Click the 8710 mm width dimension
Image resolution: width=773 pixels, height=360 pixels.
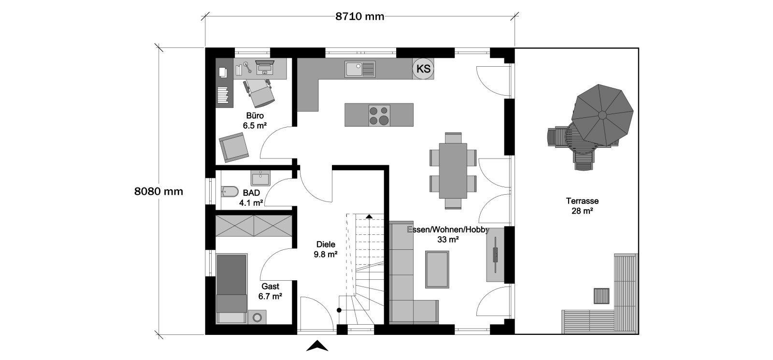click(359, 16)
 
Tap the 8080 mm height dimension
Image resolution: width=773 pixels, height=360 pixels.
click(159, 191)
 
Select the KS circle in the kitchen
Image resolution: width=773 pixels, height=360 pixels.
click(423, 69)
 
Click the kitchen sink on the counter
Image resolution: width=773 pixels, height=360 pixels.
click(359, 69)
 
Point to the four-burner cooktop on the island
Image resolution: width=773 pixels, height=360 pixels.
click(379, 115)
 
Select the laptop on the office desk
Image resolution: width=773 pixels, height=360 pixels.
click(265, 67)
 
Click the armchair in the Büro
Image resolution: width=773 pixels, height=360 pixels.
click(234, 147)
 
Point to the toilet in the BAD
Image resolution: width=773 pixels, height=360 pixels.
click(229, 191)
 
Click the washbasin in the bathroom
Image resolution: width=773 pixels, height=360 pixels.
click(260, 178)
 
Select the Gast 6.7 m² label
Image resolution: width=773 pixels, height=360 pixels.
click(270, 291)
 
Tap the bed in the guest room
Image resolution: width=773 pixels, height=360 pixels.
click(231, 288)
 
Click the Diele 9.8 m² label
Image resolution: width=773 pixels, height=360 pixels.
click(326, 249)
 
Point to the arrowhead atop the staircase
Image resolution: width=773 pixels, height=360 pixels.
click(369, 216)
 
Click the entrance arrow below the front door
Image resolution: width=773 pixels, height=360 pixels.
click(317, 346)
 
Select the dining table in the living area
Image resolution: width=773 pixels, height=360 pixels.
click(453, 171)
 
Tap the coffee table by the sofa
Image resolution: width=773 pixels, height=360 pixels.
click(437, 270)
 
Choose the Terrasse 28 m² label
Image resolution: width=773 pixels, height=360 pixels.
click(582, 206)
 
